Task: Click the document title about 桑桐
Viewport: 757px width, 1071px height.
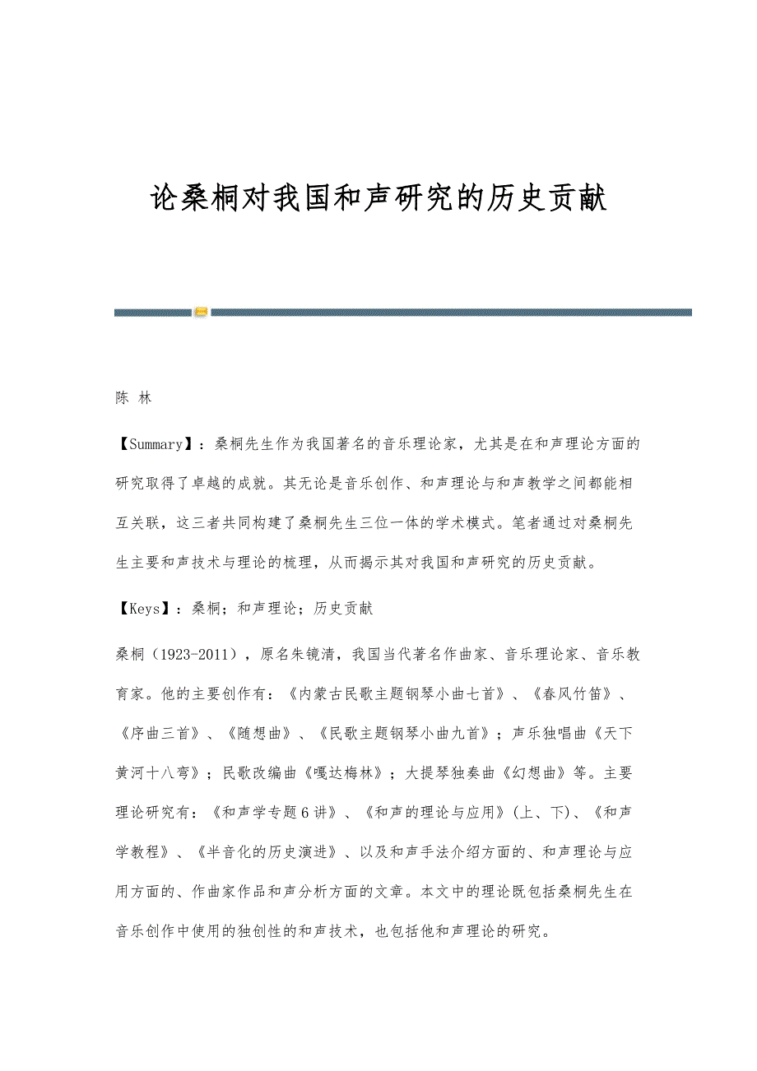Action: [x=378, y=198]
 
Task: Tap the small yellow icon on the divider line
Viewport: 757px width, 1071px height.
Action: [x=201, y=312]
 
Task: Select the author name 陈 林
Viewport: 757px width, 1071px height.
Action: [x=132, y=398]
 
